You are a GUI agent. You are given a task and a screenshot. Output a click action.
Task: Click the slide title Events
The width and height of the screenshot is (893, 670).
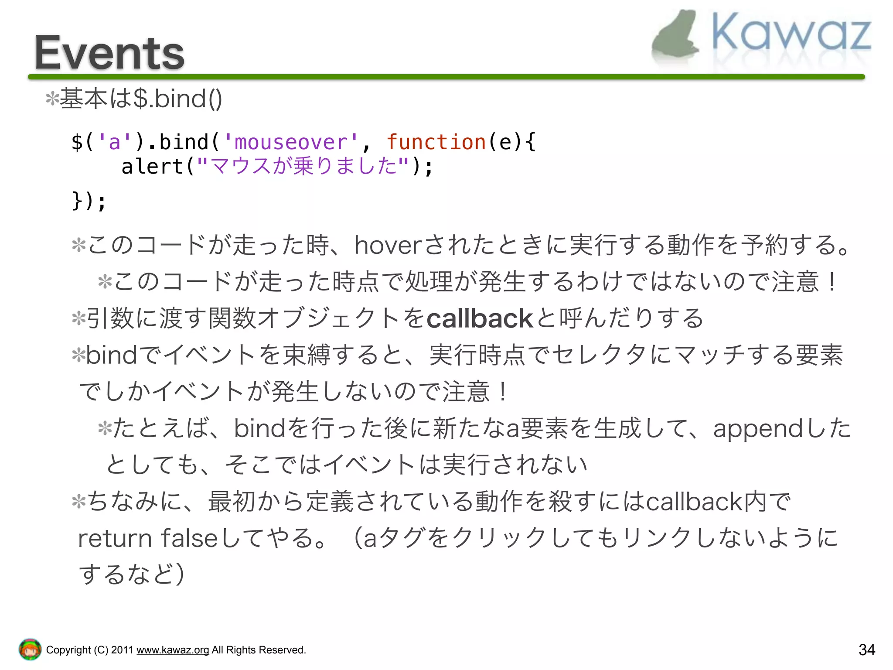click(x=109, y=53)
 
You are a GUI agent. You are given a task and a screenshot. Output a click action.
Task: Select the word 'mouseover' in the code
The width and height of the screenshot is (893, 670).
click(x=290, y=142)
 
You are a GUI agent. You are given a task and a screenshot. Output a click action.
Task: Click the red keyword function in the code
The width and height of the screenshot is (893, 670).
click(x=436, y=142)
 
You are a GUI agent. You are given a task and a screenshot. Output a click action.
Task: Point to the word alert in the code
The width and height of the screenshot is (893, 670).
click(x=152, y=167)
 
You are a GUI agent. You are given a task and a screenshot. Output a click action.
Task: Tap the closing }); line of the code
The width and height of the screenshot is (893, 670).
click(x=89, y=201)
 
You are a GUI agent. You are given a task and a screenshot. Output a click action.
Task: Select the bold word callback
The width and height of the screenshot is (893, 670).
click(x=480, y=318)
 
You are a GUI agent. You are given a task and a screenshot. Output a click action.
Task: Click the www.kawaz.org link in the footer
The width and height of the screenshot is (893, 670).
click(x=173, y=650)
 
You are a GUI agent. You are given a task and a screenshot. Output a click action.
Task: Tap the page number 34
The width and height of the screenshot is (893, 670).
click(x=866, y=650)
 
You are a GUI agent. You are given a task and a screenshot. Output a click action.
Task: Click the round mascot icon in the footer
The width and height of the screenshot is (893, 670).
click(x=30, y=649)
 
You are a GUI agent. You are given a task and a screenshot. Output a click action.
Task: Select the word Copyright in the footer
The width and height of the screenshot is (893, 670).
click(x=68, y=650)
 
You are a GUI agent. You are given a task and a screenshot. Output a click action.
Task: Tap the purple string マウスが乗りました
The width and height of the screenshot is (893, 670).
click(x=303, y=167)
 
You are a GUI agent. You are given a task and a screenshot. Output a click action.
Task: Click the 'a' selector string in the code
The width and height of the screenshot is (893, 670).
click(x=115, y=142)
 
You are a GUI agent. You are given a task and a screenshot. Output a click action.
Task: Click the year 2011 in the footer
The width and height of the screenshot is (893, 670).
click(x=122, y=650)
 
